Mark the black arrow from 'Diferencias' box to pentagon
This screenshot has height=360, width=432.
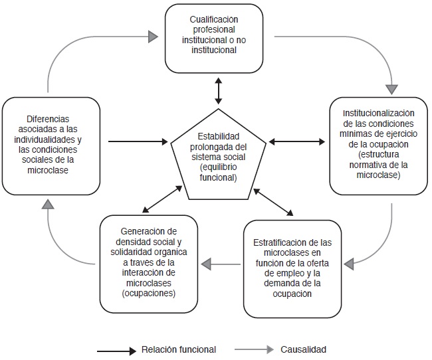coord(137,141)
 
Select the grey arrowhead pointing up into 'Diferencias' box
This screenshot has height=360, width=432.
coord(47,205)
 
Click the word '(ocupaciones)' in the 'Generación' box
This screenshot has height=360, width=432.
coord(149,292)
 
